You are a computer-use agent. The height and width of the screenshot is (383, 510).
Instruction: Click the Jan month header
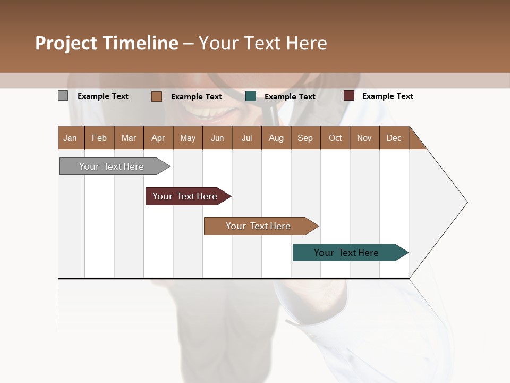(71, 138)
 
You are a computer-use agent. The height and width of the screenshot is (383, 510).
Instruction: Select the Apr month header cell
(158, 138)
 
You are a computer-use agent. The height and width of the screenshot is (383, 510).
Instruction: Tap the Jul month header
(246, 138)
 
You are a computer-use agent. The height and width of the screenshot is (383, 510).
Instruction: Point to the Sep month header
(305, 138)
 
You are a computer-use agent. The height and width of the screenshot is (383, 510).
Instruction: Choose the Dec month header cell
(394, 138)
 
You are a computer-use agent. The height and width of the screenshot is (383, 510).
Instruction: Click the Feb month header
(99, 138)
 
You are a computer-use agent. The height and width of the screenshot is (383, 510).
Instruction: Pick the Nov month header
(364, 138)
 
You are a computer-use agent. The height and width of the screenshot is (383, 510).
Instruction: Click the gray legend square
(63, 96)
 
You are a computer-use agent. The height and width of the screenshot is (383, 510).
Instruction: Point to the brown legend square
(157, 96)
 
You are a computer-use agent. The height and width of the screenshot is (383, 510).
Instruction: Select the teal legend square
(251, 96)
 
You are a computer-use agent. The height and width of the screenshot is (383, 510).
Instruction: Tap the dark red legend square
(349, 96)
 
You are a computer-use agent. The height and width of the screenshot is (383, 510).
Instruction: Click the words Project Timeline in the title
(107, 43)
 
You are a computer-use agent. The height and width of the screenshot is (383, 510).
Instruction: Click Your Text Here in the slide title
(262, 43)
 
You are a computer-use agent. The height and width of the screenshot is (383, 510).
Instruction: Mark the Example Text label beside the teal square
(290, 97)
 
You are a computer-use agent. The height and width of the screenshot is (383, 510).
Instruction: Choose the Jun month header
(217, 138)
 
